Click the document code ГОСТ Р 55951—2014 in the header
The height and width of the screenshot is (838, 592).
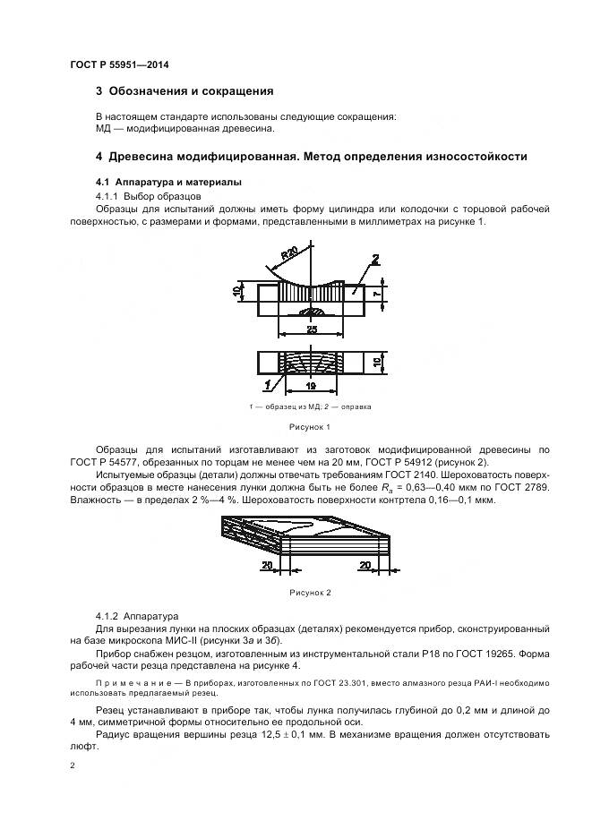click(119, 65)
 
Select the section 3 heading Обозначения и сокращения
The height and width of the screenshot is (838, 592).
click(184, 91)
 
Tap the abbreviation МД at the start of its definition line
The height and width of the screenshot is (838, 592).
click(103, 128)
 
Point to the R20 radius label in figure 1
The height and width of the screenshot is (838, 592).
click(288, 257)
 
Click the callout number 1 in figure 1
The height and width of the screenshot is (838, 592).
click(269, 385)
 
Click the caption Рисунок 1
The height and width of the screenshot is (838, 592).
click(309, 427)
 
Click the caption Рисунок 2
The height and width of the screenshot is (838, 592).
click(310, 593)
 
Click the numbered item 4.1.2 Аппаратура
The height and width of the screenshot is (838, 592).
click(137, 616)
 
